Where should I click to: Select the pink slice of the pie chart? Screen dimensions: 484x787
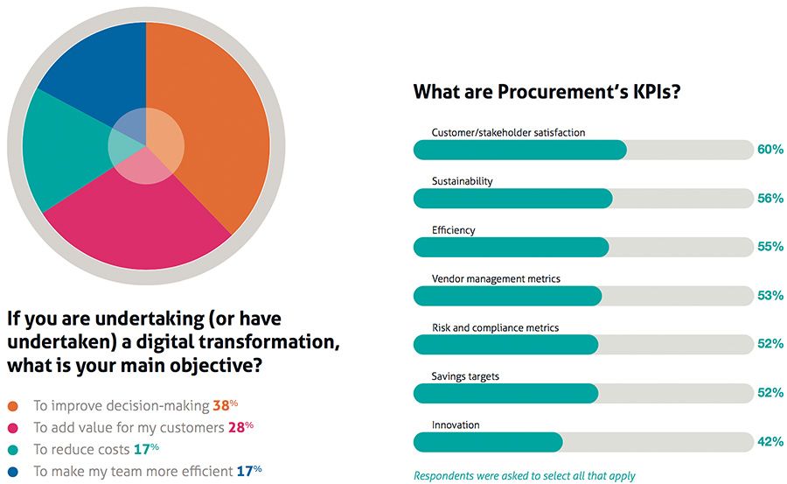tap(140, 223)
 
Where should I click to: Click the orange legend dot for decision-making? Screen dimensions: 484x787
tap(12, 406)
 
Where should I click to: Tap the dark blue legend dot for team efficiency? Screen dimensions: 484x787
tap(12, 471)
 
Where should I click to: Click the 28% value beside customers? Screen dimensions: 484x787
tap(241, 427)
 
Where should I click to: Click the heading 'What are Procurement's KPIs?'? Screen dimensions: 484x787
tap(547, 92)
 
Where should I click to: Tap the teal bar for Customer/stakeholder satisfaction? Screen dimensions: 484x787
tap(519, 150)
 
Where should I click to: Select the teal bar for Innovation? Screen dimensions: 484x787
tap(488, 441)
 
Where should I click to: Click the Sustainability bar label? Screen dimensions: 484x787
tap(463, 181)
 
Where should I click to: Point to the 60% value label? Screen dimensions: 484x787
tap(770, 150)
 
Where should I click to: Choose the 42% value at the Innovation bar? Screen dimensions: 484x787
tap(770, 442)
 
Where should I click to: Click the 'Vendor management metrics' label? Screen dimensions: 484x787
tap(496, 278)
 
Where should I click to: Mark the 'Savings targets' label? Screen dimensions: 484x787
tap(466, 376)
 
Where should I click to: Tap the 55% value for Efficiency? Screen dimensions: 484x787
tap(770, 247)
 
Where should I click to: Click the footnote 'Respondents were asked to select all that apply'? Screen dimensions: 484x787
tap(525, 476)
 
